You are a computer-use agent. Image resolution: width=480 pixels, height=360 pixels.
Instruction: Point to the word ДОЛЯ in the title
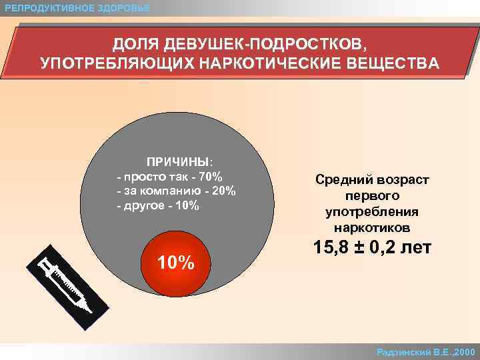coord(137,45)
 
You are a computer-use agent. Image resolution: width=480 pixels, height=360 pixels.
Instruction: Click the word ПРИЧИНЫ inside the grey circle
coord(178,161)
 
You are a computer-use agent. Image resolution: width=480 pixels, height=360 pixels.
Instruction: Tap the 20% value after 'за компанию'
coord(224,191)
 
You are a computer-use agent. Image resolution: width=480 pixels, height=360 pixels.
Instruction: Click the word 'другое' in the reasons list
coord(143,205)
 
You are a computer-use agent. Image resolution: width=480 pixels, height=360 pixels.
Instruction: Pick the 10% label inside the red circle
coord(175,263)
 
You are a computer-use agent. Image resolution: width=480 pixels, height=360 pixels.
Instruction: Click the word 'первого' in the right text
coord(373,196)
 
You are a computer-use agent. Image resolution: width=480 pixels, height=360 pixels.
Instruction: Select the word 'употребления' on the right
coord(372,212)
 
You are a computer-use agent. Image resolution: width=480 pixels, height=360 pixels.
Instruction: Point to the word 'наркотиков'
coord(373,228)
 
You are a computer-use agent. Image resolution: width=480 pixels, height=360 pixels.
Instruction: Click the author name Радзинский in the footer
coord(405,351)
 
